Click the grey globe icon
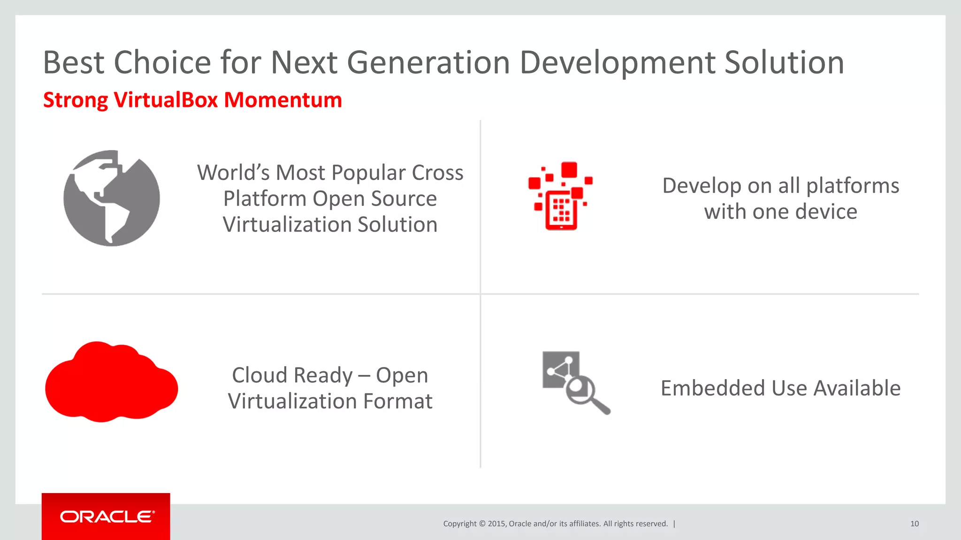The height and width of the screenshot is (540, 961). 112,198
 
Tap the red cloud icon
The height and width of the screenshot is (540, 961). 111,382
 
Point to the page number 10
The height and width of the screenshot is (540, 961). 914,524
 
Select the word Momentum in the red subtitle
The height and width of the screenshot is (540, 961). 282,100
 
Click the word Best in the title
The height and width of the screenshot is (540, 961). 74,62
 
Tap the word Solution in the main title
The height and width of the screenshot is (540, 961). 784,62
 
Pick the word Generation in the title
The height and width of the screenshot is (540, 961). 428,62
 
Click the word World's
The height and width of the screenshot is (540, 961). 233,173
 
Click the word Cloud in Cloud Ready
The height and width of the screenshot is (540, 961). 259,375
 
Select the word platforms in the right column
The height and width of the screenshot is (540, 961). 853,186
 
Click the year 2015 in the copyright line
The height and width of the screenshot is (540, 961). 496,524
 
